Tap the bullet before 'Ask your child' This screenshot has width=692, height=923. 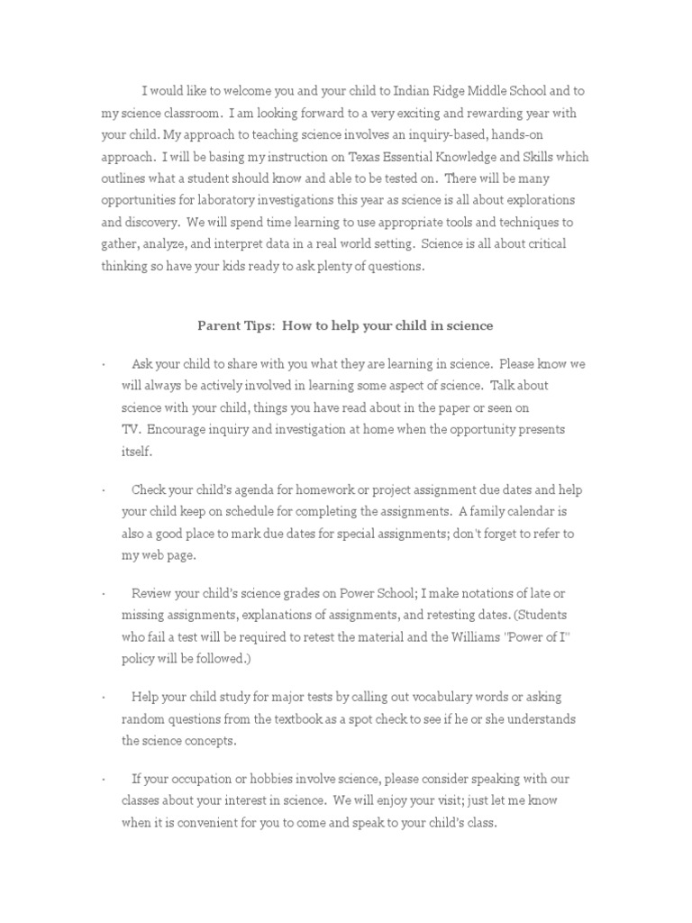point(104,364)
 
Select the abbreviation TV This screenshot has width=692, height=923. point(131,429)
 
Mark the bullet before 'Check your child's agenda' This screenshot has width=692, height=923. point(104,490)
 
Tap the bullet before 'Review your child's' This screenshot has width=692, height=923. point(104,594)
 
